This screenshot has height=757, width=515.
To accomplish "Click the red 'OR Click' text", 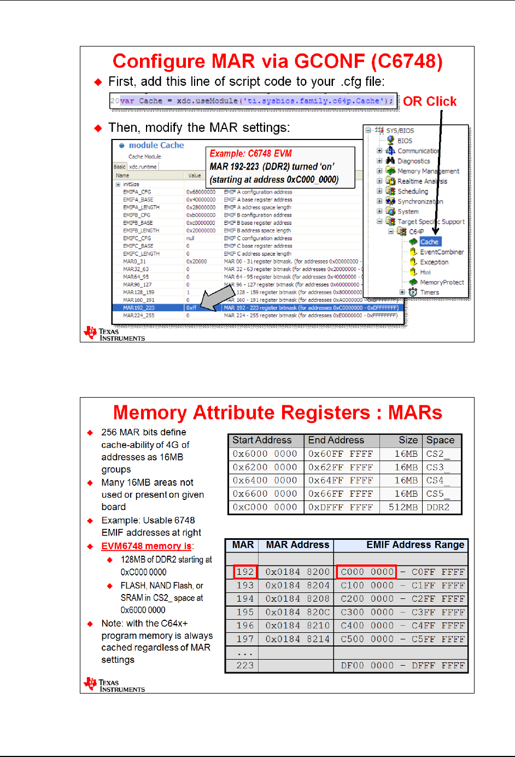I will click(x=430, y=102).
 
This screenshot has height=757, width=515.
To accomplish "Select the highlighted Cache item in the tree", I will click(x=429, y=242).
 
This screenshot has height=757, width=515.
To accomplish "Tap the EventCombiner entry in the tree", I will click(x=441, y=252).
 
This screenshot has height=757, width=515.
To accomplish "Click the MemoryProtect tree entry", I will click(x=442, y=282).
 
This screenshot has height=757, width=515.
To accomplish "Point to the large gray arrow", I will click(x=217, y=299).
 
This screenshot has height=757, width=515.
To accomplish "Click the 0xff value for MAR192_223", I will click(x=191, y=308).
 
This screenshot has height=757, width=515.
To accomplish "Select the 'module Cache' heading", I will click(x=156, y=145).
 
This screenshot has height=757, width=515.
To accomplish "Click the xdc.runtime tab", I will click(x=143, y=167).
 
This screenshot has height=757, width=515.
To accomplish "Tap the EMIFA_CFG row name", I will click(x=137, y=192).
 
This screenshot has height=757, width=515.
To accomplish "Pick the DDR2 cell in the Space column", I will click(x=438, y=507).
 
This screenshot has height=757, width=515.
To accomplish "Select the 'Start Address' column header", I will click(x=262, y=440).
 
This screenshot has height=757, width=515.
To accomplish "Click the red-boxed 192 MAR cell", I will click(x=245, y=572).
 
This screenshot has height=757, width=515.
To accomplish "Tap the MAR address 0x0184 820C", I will click(x=297, y=612).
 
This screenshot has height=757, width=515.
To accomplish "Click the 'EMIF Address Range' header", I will click(x=415, y=545).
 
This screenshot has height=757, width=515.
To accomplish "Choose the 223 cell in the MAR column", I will click(x=245, y=666).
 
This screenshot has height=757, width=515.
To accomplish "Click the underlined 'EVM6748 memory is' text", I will click(x=146, y=546).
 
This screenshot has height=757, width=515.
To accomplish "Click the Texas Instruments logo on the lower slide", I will click(x=114, y=685).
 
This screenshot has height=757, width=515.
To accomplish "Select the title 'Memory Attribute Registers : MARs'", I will click(x=277, y=412).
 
